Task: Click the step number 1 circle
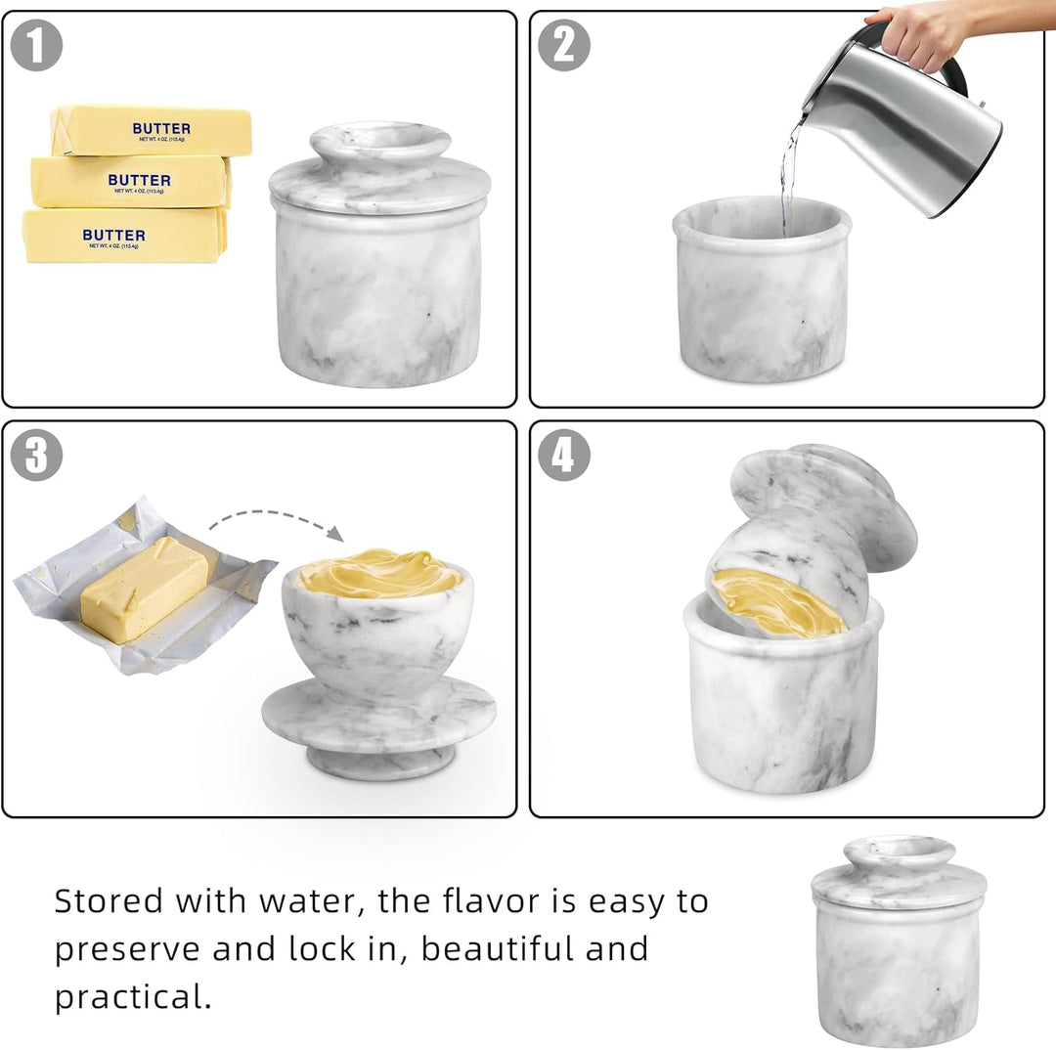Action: pos(36,46)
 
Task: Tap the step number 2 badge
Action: pos(564,46)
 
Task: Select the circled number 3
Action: pos(36,456)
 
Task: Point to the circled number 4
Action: pos(564,456)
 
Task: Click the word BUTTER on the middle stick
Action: pos(139,181)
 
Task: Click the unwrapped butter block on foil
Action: pos(145,589)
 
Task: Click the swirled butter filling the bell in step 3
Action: pos(379,574)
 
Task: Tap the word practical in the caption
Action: pos(132,997)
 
